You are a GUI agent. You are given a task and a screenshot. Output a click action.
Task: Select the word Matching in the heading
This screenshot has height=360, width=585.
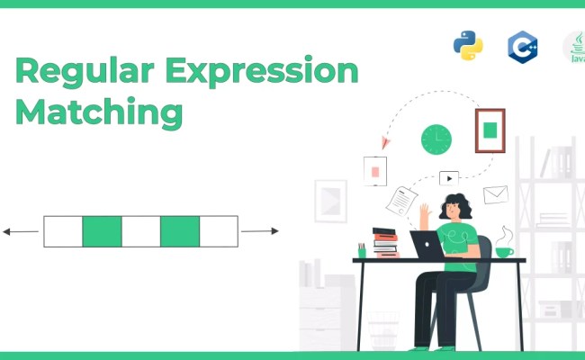tap(99, 113)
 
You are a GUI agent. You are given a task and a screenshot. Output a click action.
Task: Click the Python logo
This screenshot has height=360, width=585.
tap(468, 45)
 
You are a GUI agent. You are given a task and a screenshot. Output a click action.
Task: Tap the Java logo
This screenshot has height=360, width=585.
tap(574, 47)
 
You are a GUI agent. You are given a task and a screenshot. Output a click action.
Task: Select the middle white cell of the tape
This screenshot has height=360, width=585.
tap(140, 231)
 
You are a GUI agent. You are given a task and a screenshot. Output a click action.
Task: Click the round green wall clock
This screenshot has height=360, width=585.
tap(436, 139)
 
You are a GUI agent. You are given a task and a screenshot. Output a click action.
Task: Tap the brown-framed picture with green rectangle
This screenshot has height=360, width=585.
tap(490, 130)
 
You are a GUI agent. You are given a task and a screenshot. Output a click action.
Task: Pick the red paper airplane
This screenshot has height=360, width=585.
tap(386, 141)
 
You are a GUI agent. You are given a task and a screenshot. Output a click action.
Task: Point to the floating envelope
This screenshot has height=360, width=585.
tap(496, 194)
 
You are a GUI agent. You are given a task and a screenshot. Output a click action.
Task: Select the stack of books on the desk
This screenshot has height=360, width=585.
tap(385, 241)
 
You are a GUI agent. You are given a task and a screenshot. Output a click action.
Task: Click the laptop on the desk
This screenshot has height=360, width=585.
tap(427, 245)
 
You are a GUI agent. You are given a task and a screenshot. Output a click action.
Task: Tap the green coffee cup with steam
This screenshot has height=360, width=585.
tap(504, 250)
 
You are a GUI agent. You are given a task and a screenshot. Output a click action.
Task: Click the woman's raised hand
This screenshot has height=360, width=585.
tap(424, 213)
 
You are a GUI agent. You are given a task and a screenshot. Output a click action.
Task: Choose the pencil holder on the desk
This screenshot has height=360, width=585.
tap(362, 250)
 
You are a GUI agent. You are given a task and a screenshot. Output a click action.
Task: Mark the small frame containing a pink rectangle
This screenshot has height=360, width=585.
tap(374, 170)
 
